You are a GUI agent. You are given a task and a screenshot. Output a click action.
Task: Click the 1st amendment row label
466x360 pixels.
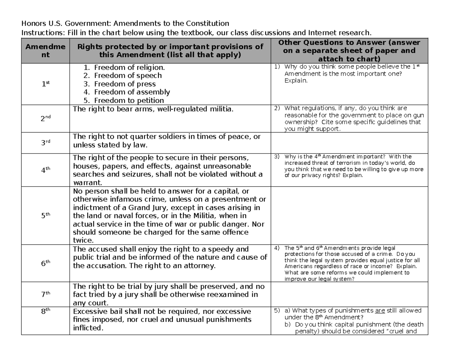[46, 83]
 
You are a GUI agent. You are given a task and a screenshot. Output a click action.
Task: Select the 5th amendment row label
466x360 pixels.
[46, 216]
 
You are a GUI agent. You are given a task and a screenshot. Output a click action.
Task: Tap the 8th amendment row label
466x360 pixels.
[46, 311]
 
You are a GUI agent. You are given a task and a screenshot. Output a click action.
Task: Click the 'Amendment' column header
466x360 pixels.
[46, 51]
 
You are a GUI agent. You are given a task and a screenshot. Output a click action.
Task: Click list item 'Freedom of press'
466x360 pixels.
[125, 84]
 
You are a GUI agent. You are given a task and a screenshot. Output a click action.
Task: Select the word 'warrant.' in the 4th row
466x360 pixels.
[88, 183]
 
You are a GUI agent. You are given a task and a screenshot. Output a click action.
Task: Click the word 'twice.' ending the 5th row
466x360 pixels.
[83, 240]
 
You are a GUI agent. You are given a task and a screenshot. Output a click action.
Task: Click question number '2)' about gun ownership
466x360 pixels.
[277, 108]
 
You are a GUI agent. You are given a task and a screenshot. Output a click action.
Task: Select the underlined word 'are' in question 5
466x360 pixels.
[381, 311]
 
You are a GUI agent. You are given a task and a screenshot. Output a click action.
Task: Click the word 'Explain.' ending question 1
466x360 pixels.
[296, 80]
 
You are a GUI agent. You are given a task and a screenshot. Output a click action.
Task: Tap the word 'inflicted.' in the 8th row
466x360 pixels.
[89, 328]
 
